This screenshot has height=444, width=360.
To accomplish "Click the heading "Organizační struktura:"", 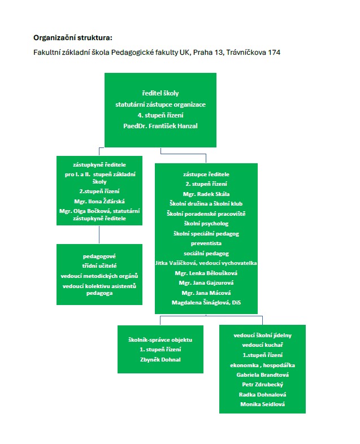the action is [x=73, y=38].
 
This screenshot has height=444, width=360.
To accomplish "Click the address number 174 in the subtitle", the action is [x=274, y=53].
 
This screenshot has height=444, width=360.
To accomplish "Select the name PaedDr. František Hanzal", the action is [x=161, y=126].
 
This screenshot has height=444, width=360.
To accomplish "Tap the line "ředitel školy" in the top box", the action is [x=161, y=93].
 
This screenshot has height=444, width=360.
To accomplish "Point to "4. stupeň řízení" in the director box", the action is [x=161, y=115].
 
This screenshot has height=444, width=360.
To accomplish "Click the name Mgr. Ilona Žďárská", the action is [x=99, y=201].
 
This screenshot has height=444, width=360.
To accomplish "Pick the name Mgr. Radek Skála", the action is [x=206, y=194].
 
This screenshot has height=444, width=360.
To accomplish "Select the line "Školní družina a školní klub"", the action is [x=206, y=203].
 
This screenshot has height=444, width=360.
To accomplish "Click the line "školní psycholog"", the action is [x=206, y=224].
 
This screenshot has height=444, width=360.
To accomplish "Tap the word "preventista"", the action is [x=206, y=243].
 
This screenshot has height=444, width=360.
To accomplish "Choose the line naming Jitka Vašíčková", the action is [x=206, y=263].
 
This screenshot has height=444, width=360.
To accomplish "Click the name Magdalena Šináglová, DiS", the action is [x=206, y=302].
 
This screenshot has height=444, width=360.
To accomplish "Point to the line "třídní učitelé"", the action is [x=99, y=265].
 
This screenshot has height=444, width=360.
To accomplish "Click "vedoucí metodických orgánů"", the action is [x=99, y=276].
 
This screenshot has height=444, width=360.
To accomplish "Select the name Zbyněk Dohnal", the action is [x=161, y=359].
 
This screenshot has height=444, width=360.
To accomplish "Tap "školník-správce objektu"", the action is [x=161, y=340].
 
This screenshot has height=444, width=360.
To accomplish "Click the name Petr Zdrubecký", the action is [x=263, y=384].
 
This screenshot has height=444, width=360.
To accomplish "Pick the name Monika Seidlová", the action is [x=263, y=404].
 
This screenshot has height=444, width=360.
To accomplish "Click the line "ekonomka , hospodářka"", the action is [x=263, y=365].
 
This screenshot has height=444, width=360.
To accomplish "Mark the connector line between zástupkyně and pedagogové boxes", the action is [x=99, y=235].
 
